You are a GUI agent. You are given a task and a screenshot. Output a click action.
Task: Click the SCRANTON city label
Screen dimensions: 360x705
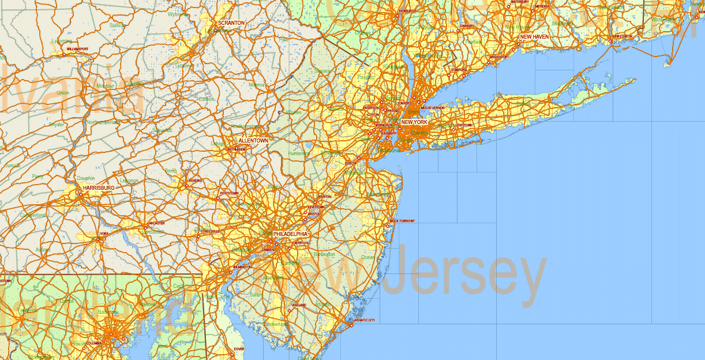point(231,23)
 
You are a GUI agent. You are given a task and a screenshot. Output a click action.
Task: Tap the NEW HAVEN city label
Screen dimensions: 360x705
point(534,36)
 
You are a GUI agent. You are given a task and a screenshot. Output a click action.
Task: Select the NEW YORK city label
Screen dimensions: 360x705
point(415,122)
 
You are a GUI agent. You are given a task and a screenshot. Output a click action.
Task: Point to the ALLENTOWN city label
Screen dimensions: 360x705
point(253,141)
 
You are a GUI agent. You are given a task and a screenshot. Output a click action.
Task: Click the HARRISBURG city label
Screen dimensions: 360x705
point(99,188)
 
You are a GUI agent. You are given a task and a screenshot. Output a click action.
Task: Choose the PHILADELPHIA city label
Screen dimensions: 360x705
point(290,234)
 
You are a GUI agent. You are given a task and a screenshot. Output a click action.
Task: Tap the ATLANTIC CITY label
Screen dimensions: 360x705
point(365,320)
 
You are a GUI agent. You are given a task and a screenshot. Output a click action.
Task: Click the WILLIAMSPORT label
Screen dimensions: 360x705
point(77,49)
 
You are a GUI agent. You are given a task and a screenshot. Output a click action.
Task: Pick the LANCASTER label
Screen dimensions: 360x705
point(156,223)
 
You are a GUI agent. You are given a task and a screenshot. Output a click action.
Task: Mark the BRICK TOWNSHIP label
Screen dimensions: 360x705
point(402,220)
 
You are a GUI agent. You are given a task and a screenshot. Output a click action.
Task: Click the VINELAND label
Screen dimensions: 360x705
point(299,305)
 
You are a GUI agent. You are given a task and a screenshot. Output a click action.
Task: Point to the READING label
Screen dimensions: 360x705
point(196,181)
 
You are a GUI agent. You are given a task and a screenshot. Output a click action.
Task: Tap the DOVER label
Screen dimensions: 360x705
point(239,349)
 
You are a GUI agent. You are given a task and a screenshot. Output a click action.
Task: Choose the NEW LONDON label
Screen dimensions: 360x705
point(623,36)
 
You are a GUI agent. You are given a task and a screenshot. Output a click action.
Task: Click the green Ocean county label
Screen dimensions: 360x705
point(367,257)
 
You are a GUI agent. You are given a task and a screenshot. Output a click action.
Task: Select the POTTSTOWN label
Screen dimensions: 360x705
point(228,193)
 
